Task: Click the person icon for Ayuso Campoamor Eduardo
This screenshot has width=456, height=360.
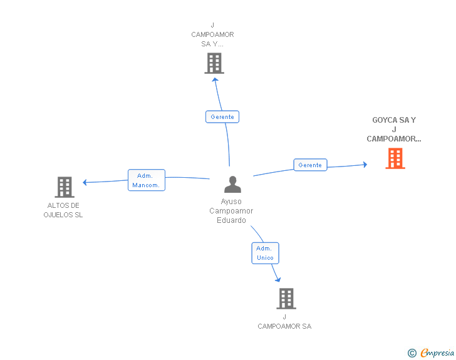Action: [x=232, y=184]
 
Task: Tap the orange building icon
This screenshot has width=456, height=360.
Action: [x=395, y=158]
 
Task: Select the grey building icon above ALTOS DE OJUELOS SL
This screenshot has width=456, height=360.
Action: [x=65, y=187]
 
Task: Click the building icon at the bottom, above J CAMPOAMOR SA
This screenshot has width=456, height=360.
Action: [x=286, y=299]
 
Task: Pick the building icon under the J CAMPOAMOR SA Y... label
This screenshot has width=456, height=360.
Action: [x=214, y=63]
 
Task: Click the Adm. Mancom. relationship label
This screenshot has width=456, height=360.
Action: [x=147, y=180]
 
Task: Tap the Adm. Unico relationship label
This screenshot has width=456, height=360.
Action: [x=265, y=253]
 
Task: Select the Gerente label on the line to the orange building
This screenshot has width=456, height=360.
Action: [x=310, y=165]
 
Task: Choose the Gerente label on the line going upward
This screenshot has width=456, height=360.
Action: [x=222, y=117]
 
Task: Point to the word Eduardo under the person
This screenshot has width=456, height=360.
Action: [x=231, y=220]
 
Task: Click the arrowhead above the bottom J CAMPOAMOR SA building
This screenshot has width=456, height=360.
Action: [x=277, y=280]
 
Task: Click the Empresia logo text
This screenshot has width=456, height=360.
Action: [x=437, y=352]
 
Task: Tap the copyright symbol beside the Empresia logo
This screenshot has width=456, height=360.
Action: [x=412, y=353]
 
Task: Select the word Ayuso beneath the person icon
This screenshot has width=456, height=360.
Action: [x=231, y=202]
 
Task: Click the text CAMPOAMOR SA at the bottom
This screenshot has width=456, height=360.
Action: [x=284, y=326]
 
